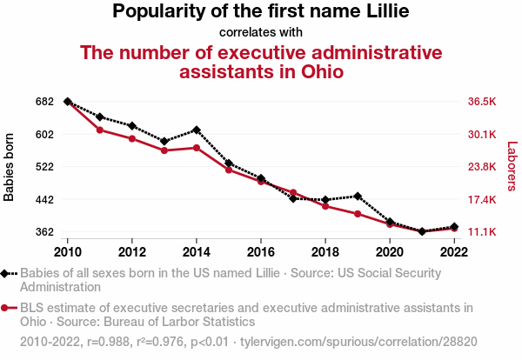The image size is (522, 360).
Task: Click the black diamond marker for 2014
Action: [197, 130]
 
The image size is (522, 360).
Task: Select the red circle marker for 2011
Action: [100, 130]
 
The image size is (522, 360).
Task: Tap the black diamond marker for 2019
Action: [358, 197]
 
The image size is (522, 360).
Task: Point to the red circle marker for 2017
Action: [293, 192]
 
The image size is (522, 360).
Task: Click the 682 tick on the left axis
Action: [45, 102]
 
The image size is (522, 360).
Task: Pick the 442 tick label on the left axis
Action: [45, 199]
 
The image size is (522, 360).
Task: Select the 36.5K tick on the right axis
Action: [481, 102]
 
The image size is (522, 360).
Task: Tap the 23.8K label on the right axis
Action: [481, 167]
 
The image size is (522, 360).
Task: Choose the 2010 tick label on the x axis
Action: [68, 251]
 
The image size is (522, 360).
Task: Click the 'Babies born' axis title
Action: [10, 167]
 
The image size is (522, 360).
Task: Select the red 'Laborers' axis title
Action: [512, 167]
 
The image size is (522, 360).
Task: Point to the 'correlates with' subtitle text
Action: [261, 33]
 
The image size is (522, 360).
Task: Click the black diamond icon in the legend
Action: [7, 272]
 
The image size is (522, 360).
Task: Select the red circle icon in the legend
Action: [7, 308]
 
